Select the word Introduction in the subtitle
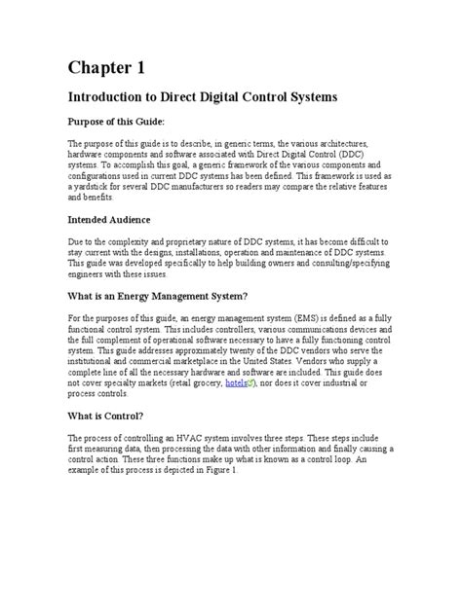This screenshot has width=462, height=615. (107, 99)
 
